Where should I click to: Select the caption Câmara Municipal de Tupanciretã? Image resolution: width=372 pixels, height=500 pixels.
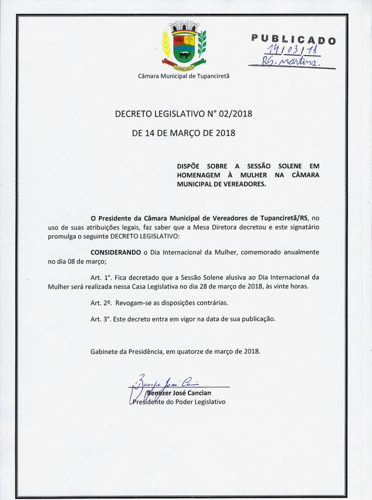pos(184,76)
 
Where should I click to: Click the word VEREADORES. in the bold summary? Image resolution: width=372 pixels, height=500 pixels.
pos(242,184)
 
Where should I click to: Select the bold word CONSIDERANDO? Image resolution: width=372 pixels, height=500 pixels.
pos(116,252)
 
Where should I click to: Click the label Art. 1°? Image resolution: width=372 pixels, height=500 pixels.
pos(100,277)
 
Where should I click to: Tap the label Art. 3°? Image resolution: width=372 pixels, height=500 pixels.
pos(100,319)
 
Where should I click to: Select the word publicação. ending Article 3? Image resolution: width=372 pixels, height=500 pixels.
pos(256,319)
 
